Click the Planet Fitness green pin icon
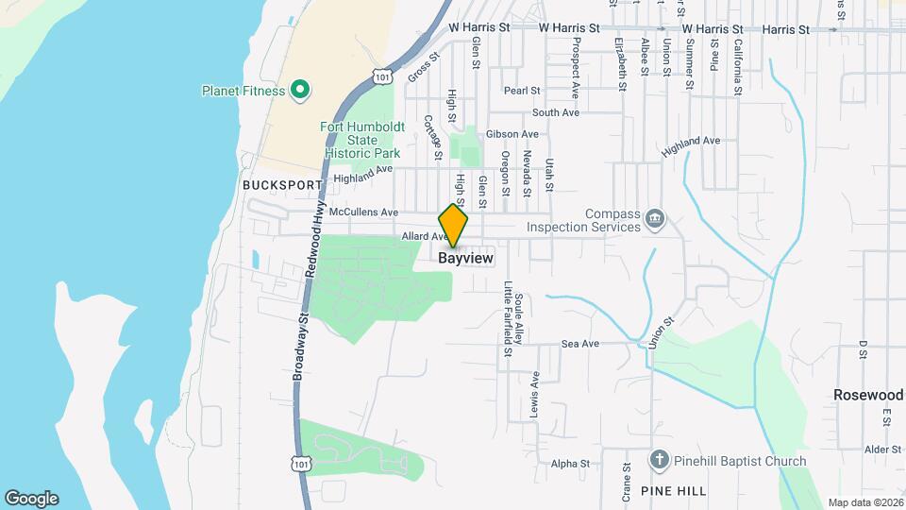300,91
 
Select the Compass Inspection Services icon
655,220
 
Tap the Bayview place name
466,258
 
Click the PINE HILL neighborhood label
672,491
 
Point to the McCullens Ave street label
363,212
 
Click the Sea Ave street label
580,344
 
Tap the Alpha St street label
570,464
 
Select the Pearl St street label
521,91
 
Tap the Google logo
31,498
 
